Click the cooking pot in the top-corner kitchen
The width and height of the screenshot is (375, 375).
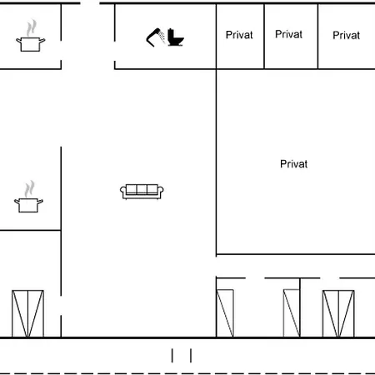[x=31, y=44]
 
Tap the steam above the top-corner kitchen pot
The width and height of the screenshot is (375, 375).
[x=32, y=27]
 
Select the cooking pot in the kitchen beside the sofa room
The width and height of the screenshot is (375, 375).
[x=28, y=206]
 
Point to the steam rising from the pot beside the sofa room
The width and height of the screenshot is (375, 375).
[x=29, y=189]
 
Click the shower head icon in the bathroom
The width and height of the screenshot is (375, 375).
[x=156, y=37]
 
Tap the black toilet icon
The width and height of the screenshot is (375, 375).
[x=176, y=37]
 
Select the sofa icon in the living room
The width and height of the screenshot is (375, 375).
[x=142, y=192]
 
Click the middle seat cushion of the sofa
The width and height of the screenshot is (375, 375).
[x=142, y=189]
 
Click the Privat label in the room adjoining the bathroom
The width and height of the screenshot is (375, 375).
[x=239, y=35]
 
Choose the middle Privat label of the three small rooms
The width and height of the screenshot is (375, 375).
[x=288, y=34]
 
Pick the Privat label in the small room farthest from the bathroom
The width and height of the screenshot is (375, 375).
[x=346, y=35]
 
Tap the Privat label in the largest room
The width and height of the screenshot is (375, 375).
[x=293, y=164]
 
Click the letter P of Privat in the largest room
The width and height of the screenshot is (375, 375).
[x=283, y=164]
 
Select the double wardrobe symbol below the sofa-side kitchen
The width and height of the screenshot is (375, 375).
[x=27, y=313]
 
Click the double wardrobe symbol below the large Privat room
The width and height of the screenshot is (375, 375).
[x=338, y=313]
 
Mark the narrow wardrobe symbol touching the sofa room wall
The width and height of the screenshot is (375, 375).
[x=225, y=313]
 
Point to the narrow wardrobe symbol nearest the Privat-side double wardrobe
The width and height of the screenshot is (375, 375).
[x=292, y=313]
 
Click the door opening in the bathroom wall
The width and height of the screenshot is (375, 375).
[x=115, y=51]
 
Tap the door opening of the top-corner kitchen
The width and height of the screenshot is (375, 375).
[x=61, y=50]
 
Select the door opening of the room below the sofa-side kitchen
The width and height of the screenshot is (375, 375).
[x=61, y=305]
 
